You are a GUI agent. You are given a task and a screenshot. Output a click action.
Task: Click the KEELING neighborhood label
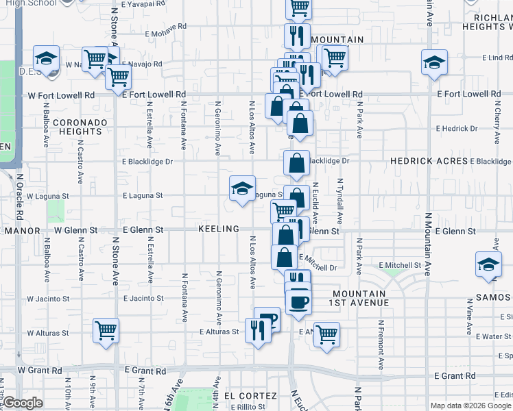point(219,229)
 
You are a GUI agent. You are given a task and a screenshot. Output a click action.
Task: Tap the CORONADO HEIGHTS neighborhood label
point(81,127)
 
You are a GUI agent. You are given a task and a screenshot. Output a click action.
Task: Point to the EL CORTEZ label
point(250,396)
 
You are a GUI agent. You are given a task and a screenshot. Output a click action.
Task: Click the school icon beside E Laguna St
point(242,189)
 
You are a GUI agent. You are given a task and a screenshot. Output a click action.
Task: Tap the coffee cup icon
point(298,301)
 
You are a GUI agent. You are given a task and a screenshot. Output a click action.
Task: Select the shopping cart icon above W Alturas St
point(106,331)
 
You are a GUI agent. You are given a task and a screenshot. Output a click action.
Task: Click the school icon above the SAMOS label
point(488,265)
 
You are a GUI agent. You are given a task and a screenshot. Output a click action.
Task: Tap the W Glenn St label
point(72,231)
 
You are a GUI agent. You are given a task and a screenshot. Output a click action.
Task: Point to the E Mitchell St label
point(399,265)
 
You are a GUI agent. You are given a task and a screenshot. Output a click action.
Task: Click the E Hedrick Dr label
point(457,128)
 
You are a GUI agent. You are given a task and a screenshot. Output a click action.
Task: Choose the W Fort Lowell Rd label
point(61,95)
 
